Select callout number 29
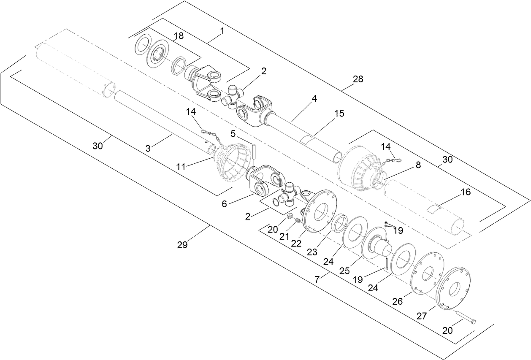pos(182,245)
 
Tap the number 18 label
pos(179,36)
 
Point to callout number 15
pos(339,114)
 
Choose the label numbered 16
pos(465,192)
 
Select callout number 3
pos(148,149)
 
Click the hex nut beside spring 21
pos(290,216)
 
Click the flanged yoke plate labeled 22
pos(320,211)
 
